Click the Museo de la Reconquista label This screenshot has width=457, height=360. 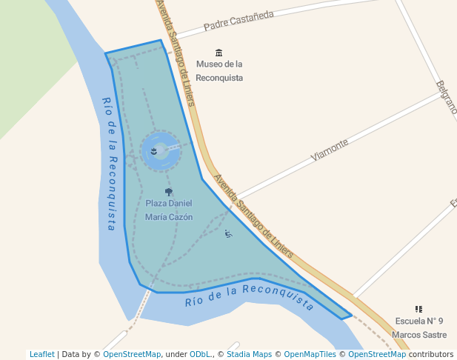click(x=219, y=71)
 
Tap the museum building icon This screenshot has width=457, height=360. click(x=219, y=52)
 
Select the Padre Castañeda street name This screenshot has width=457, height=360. click(x=238, y=20)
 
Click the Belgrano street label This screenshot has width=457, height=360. click(x=447, y=97)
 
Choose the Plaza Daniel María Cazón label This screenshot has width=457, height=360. click(x=169, y=210)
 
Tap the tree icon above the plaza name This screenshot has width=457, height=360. click(x=169, y=192)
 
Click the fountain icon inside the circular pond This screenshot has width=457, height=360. click(x=153, y=151)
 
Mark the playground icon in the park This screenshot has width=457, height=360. click(x=228, y=234)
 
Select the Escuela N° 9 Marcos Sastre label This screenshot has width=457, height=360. click(x=419, y=327)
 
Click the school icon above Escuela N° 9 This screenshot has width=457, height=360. click(x=419, y=309)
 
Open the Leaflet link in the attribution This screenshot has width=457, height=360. click(x=42, y=354)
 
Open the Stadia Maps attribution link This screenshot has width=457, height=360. click(x=249, y=354)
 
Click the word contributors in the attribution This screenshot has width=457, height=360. click(x=431, y=354)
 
